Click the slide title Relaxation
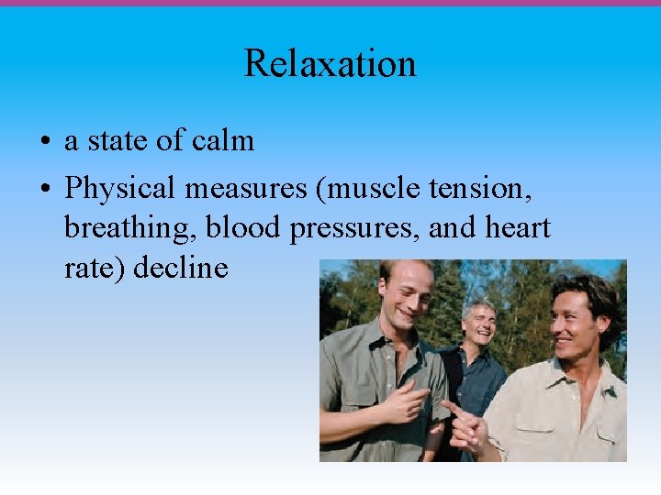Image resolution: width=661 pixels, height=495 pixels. tap(330, 63)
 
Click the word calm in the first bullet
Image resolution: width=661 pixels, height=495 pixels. tap(223, 141)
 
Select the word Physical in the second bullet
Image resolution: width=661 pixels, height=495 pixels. tap(119, 190)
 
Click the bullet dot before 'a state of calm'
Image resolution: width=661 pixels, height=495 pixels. tap(44, 143)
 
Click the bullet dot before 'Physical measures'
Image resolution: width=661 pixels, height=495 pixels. tap(44, 191)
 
